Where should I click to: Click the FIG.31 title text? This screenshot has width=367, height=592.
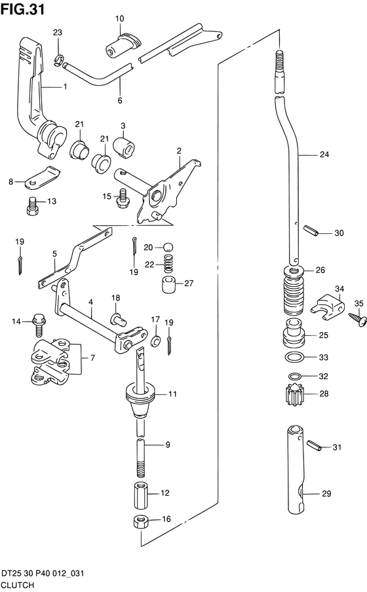click(x=23, y=9)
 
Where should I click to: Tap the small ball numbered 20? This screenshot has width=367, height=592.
click(x=168, y=248)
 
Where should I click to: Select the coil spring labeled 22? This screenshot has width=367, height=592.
click(x=168, y=264)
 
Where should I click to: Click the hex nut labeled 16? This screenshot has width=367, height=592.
click(x=140, y=522)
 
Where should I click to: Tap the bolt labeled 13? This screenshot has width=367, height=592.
click(x=33, y=206)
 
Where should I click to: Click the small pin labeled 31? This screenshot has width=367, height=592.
click(x=313, y=445)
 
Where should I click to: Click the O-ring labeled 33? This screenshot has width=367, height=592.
click(x=294, y=356)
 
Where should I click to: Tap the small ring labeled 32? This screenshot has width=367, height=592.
click(x=294, y=376)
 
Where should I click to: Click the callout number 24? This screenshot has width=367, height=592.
click(x=324, y=154)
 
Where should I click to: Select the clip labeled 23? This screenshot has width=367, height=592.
click(x=58, y=60)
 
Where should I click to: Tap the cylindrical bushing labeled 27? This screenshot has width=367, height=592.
click(x=169, y=284)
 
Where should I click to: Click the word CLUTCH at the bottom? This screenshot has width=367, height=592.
click(x=18, y=585)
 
